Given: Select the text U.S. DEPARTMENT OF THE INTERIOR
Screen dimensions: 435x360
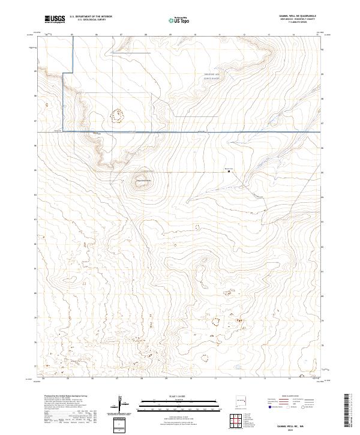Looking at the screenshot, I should tap(91, 17).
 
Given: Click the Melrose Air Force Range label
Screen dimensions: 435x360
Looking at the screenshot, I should tap(212, 76).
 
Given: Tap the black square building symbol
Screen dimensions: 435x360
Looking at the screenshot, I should tap(228, 171).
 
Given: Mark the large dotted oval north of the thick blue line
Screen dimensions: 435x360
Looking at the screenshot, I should tap(117, 115).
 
